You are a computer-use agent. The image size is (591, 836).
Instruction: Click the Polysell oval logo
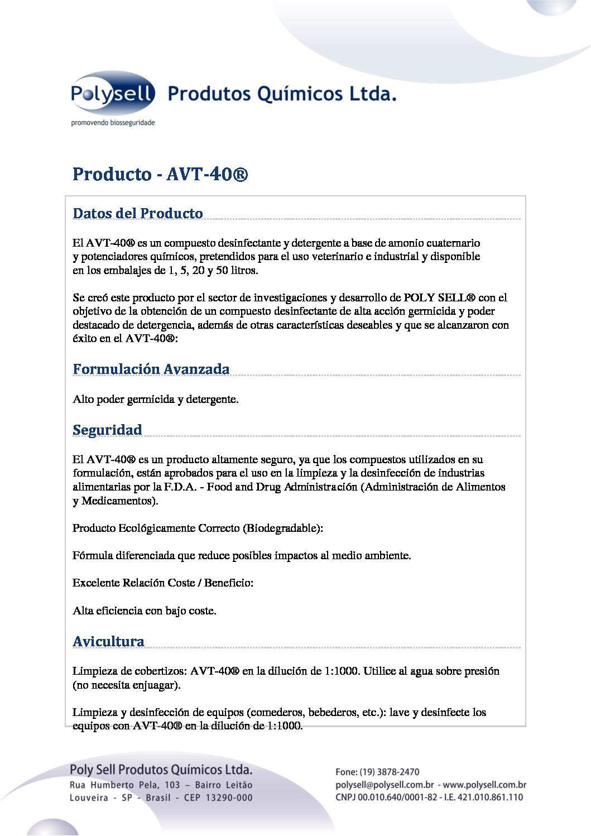coord(113,94)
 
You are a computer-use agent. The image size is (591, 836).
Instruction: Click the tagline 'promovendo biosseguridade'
coord(113,123)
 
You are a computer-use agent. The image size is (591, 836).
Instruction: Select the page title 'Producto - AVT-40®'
coord(160,174)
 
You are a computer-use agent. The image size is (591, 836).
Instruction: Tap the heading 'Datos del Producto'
coord(138,214)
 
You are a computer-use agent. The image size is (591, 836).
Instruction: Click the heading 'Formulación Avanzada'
coord(151,369)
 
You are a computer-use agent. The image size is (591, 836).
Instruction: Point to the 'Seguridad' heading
coord(107,430)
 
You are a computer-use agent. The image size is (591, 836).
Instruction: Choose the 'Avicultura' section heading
coord(108,642)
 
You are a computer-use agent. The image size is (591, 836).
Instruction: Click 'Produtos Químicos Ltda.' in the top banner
coord(282,94)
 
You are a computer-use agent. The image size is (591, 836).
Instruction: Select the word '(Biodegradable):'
coord(283,528)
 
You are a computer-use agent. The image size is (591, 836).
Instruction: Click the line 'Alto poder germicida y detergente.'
coord(156,400)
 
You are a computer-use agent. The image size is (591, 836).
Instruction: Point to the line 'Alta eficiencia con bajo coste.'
coord(145,611)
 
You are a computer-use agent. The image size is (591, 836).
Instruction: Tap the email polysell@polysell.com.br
coord(385,785)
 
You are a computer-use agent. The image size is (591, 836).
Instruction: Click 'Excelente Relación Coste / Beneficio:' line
coord(163,583)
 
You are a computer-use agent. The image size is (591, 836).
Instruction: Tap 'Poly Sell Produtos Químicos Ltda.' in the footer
coord(161,770)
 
